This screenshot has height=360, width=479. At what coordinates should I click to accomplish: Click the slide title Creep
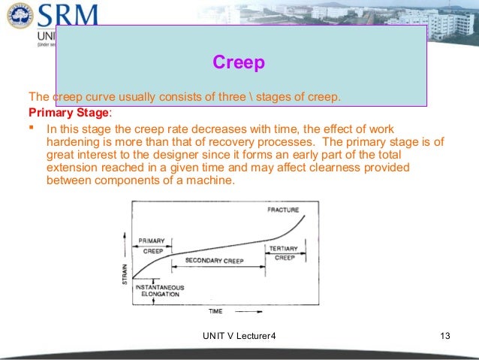pyautogui.click(x=239, y=62)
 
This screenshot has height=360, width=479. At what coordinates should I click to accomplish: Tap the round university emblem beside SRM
pyautogui.click(x=19, y=16)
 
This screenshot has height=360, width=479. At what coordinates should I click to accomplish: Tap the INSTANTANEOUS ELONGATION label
pyautogui.click(x=158, y=290)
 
